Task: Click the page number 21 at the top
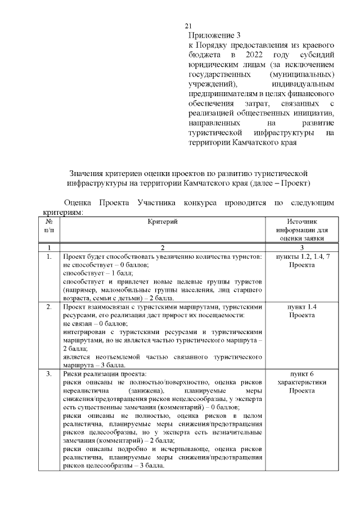[x=188, y=26]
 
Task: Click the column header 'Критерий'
[x=163, y=223]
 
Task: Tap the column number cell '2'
[x=162, y=247]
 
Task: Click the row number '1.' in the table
[x=49, y=257]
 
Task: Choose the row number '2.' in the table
[x=49, y=307]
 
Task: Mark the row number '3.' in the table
[x=49, y=373]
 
